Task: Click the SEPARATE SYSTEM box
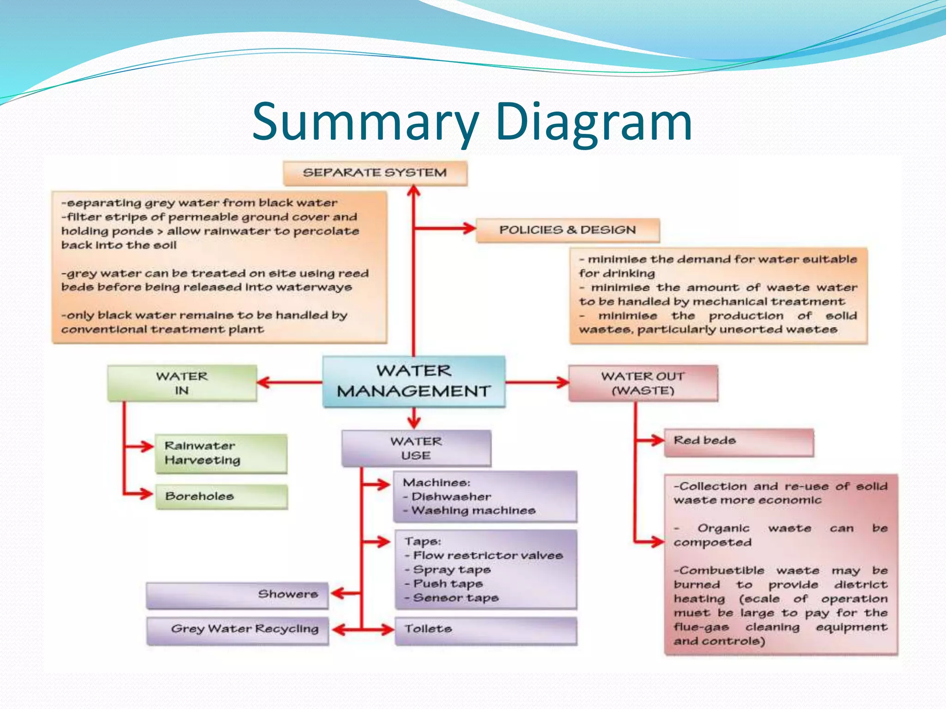[375, 173]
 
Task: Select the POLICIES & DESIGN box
[567, 230]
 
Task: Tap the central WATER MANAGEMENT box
[413, 381]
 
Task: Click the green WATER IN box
[182, 383]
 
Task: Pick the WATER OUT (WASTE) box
[643, 383]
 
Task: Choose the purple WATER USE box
[416, 448]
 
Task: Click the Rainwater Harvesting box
[221, 453]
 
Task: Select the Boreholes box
[221, 496]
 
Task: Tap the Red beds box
[738, 442]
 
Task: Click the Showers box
[237, 595]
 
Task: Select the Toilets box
[485, 630]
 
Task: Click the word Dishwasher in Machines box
[451, 497]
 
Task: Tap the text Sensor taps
[455, 598]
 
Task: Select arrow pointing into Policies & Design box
[446, 228]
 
